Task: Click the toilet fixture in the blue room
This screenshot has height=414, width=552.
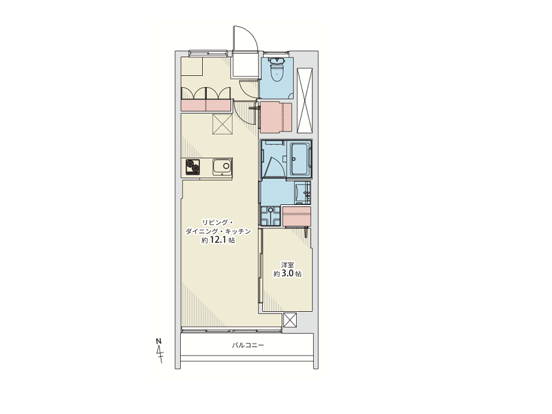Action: pos(277,70)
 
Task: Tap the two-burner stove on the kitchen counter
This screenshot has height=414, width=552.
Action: pos(193,167)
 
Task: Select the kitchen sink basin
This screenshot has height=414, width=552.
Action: pos(222,166)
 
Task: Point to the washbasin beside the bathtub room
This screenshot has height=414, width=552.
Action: pos(302,193)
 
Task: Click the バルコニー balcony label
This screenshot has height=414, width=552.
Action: pos(248,346)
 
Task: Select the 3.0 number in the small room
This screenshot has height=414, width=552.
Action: pos(287,273)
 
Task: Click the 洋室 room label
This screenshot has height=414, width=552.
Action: pos(287,265)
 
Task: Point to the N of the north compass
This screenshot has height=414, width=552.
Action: pos(159,341)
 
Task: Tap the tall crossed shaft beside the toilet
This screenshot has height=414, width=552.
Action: pos(304,100)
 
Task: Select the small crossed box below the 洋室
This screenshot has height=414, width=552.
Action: pos(290,319)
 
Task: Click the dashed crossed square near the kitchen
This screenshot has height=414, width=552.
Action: pos(222,124)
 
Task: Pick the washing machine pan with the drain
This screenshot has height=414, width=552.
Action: pos(270,215)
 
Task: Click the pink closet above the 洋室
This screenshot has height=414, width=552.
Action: pos(297,216)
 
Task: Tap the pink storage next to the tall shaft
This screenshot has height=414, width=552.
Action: pos(277,117)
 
